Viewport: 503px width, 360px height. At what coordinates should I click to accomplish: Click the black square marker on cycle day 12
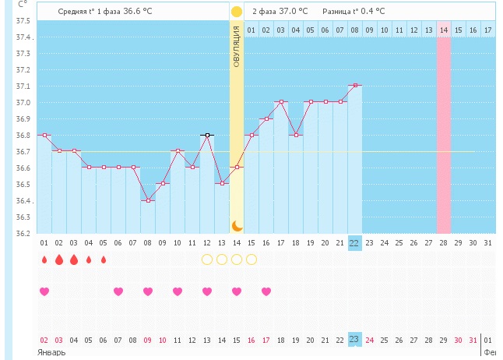tap(207, 135)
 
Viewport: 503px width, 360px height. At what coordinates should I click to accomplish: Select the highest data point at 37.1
tap(354, 85)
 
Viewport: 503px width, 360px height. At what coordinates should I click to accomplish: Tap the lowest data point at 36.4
tap(148, 200)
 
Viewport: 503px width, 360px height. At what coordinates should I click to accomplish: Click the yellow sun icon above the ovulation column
tap(236, 12)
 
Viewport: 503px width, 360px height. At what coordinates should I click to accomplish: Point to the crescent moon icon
tap(236, 225)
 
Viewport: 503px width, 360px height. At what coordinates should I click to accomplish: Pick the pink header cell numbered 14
tap(443, 30)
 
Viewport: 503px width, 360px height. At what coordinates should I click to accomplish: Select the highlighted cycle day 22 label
tap(354, 242)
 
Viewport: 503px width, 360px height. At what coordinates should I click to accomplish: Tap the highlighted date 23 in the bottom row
tap(354, 339)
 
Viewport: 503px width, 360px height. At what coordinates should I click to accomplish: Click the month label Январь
tap(51, 352)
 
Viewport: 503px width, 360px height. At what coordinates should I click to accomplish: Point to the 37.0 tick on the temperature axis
tap(23, 103)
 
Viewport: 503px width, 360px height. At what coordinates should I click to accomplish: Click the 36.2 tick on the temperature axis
tap(23, 233)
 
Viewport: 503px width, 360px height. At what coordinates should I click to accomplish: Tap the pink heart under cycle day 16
tap(266, 291)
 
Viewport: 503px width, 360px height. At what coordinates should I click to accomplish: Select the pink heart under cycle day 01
tap(44, 291)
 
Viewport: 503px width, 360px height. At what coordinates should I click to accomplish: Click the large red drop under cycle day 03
tap(74, 259)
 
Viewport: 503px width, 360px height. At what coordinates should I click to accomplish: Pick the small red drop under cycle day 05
tap(104, 259)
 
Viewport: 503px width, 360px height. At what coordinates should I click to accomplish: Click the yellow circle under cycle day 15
tap(251, 259)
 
